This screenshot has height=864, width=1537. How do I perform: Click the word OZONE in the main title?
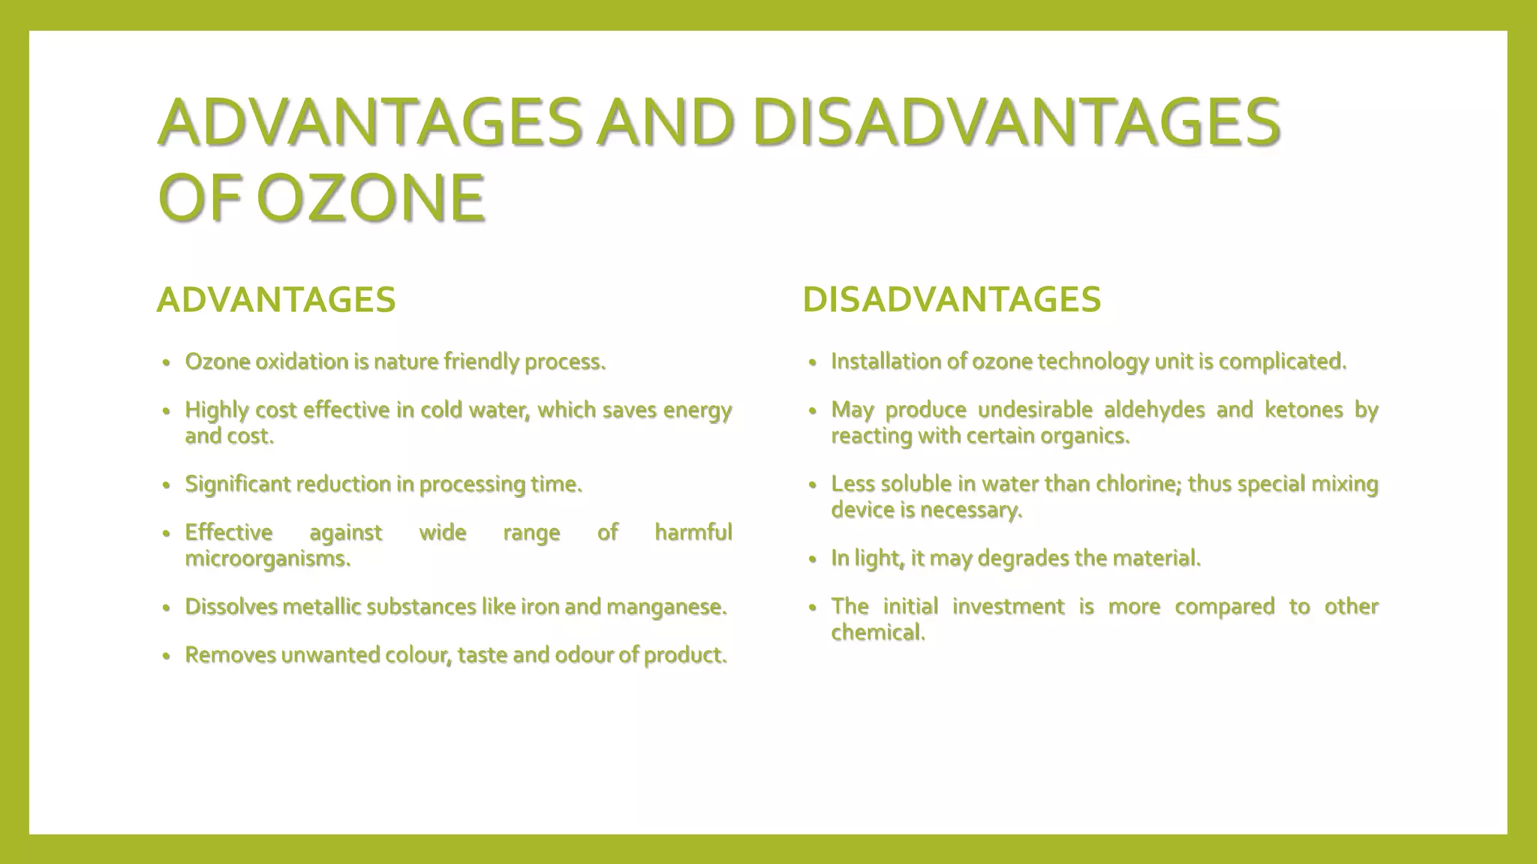(x=370, y=198)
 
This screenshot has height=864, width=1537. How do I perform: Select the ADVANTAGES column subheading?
(x=276, y=300)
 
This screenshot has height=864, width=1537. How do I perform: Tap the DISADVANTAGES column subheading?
(x=952, y=299)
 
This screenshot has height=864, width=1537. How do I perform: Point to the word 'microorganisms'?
(x=266, y=559)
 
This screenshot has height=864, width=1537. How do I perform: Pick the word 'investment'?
(x=1008, y=606)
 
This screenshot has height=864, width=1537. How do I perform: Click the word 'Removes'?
(x=230, y=655)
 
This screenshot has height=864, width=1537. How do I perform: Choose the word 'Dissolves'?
(x=231, y=606)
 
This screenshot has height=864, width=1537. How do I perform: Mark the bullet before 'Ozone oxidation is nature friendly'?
(x=167, y=363)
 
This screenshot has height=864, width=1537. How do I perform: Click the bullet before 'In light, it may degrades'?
(x=812, y=559)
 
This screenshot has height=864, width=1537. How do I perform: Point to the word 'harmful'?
(x=693, y=532)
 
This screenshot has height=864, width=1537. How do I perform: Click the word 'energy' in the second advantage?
(x=697, y=410)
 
